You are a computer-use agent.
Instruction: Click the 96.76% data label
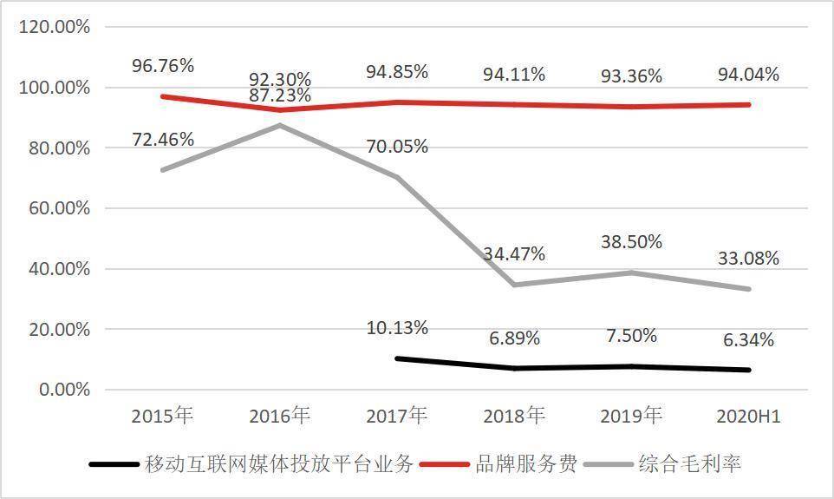163,66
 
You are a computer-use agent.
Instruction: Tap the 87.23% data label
279,95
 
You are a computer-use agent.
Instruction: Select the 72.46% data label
163,139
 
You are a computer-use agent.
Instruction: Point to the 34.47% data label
514,254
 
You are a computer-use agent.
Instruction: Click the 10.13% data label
396,328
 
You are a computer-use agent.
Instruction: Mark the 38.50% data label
631,242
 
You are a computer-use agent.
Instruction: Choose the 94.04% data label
748,75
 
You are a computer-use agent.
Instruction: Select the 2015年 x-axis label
162,417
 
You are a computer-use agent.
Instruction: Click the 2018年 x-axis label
514,417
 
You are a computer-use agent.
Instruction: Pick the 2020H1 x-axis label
748,417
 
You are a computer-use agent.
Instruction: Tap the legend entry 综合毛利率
689,464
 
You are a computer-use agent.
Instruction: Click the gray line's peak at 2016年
279,125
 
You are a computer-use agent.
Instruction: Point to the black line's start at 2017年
396,358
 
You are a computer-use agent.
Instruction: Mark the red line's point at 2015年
162,96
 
